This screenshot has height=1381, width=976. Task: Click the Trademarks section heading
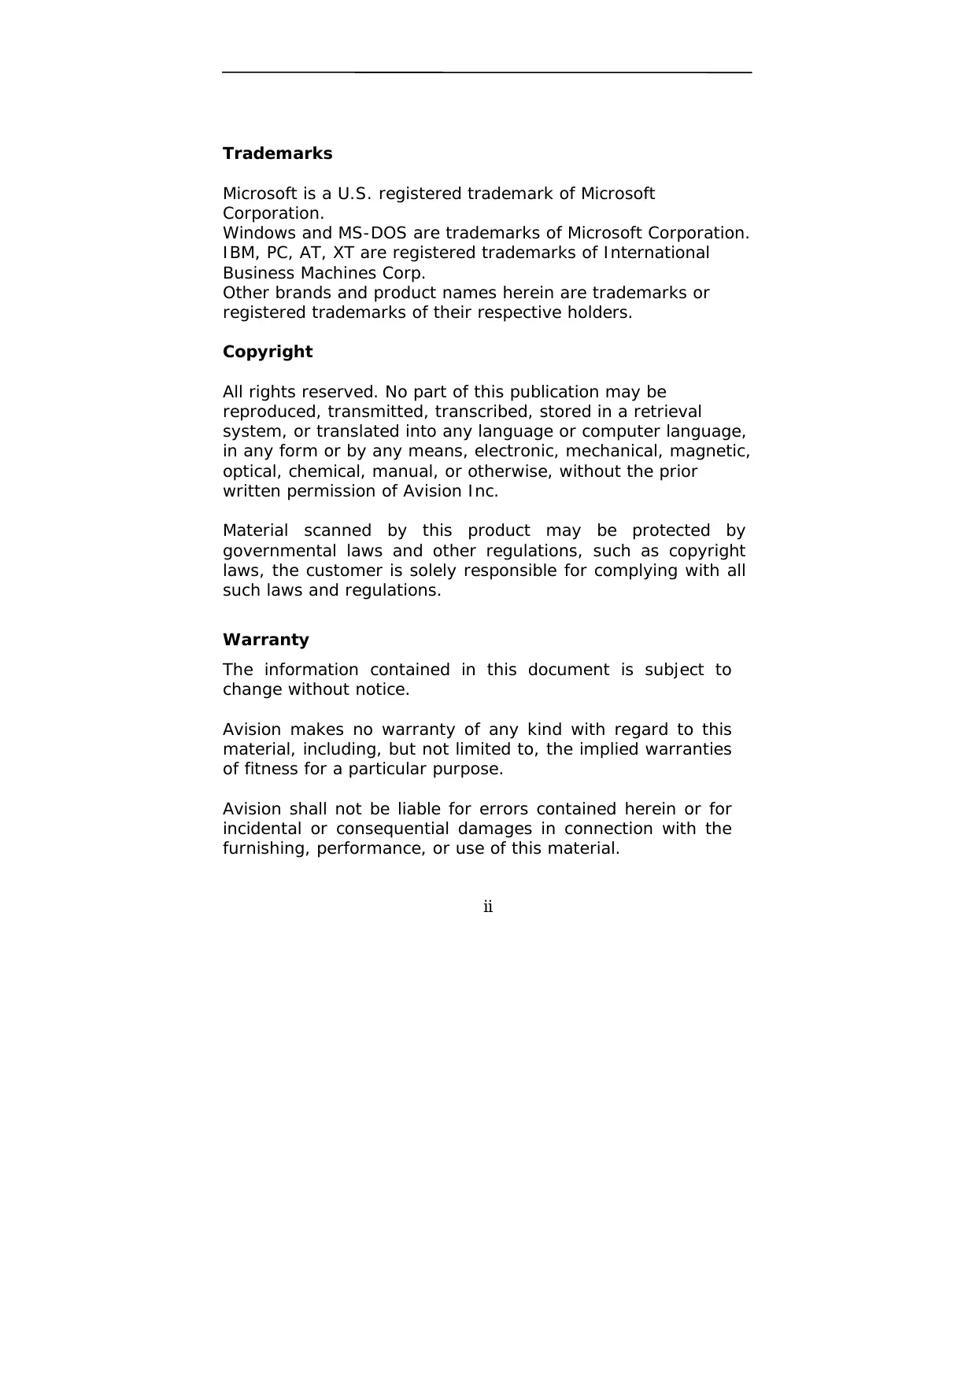tap(277, 153)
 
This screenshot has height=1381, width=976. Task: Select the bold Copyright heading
tap(268, 352)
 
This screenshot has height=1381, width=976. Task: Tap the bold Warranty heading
tap(266, 640)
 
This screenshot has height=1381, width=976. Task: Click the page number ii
tap(488, 907)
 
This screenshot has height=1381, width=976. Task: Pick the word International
tap(656, 253)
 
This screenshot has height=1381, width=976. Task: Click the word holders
tap(604, 312)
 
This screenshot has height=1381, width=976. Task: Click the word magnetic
tap(711, 451)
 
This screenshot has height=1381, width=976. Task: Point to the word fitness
tap(271, 769)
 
